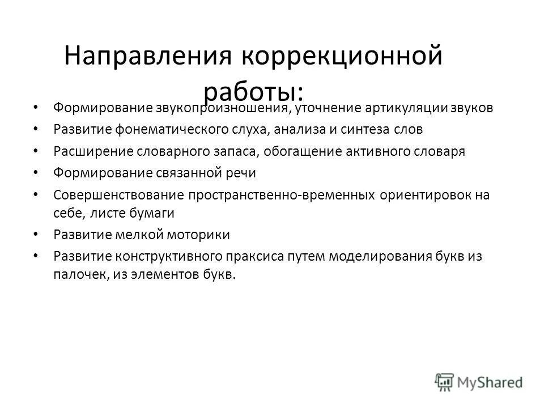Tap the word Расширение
coord(91,151)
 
